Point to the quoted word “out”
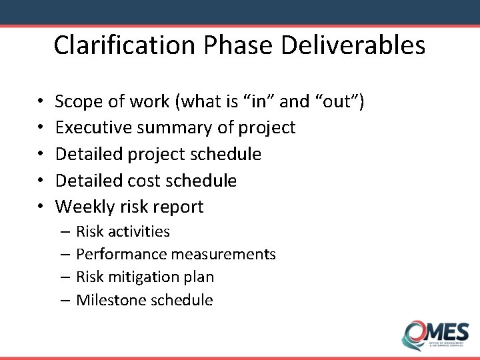pos(340,101)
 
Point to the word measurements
pos(223,254)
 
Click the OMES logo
pos(435,333)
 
